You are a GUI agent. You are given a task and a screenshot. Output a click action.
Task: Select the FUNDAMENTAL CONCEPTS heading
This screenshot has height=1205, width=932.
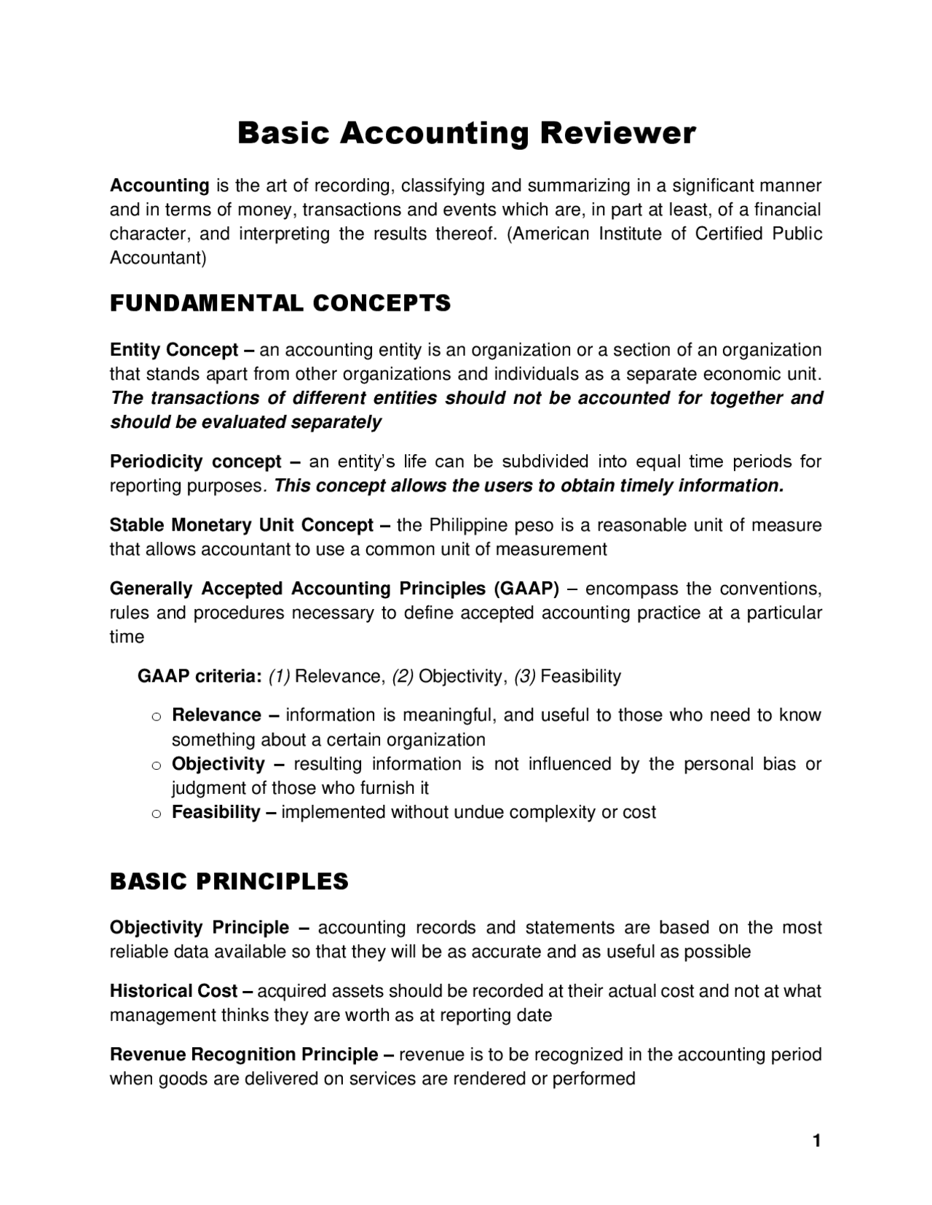coord(280,303)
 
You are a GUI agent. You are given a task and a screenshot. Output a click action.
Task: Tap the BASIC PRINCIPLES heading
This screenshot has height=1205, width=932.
coord(229,881)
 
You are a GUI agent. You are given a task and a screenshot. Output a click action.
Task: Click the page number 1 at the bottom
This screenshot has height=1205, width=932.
coord(816,1140)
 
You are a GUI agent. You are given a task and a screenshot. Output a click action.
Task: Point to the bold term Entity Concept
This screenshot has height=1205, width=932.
coord(174,350)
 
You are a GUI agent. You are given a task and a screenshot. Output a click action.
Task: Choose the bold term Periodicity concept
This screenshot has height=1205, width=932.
coord(195,461)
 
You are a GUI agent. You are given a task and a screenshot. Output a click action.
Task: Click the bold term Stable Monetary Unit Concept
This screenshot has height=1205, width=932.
coord(242,525)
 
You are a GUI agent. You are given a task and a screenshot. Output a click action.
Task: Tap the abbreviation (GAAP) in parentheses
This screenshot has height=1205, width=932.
coord(526,588)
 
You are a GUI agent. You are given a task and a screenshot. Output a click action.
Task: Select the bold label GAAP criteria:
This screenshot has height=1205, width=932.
coord(200,677)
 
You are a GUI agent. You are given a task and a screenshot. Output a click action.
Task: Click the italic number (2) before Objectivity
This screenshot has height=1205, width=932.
coord(403,677)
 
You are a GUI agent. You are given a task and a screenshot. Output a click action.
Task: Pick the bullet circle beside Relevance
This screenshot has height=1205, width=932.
coord(155,717)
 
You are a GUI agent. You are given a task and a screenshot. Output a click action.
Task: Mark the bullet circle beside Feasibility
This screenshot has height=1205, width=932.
coord(155,814)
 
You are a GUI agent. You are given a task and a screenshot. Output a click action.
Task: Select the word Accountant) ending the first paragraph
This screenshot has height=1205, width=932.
coord(158,258)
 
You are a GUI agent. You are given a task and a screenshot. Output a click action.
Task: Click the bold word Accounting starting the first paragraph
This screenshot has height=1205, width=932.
coord(159,186)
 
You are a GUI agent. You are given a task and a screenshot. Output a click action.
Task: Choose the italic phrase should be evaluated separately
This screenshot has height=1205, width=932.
coord(245,422)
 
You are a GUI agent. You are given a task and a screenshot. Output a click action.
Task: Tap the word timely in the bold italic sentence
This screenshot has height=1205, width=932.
coord(646,485)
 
